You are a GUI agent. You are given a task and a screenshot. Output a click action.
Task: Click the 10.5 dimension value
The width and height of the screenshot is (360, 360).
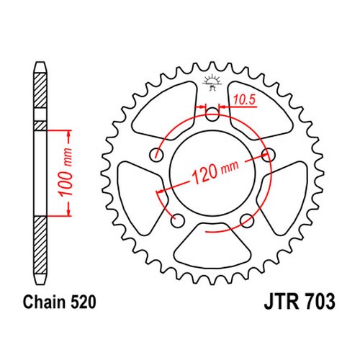pyautogui.click(x=244, y=99)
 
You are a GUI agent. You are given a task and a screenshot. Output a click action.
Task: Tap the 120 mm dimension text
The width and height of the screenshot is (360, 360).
pyautogui.click(x=215, y=171)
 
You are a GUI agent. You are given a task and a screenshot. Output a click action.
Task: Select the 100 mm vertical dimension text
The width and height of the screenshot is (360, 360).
pyautogui.click(x=66, y=172)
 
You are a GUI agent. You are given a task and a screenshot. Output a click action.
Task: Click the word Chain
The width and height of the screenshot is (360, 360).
pyautogui.click(x=44, y=302)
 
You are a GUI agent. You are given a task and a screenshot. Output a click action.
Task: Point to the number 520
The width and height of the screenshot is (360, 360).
pyautogui.click(x=84, y=302)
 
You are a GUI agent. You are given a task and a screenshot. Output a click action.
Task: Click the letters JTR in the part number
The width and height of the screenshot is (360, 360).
pyautogui.click(x=282, y=302)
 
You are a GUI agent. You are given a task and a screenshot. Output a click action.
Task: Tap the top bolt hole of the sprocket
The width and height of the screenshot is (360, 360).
pyautogui.click(x=212, y=114)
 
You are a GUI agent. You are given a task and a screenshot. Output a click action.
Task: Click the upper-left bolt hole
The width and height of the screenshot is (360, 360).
pyautogui.click(x=157, y=155)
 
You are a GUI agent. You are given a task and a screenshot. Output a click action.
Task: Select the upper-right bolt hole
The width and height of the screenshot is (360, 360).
pyautogui.click(x=268, y=155)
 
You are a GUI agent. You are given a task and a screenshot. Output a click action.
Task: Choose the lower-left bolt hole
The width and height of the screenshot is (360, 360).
pyautogui.click(x=178, y=220)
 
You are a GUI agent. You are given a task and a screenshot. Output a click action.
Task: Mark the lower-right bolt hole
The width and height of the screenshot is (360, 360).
pyautogui.click(x=247, y=220)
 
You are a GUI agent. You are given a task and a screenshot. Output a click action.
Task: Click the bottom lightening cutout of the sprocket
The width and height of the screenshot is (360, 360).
pyautogui.click(x=212, y=246)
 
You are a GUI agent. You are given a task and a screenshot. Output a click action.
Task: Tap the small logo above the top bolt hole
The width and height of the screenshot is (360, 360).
pyautogui.click(x=212, y=83)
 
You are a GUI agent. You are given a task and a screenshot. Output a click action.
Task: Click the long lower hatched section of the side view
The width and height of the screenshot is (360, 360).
pyautogui.click(x=40, y=246)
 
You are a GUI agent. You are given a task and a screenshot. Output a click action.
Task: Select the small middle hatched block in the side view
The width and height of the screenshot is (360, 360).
pyautogui.click(x=40, y=126)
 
